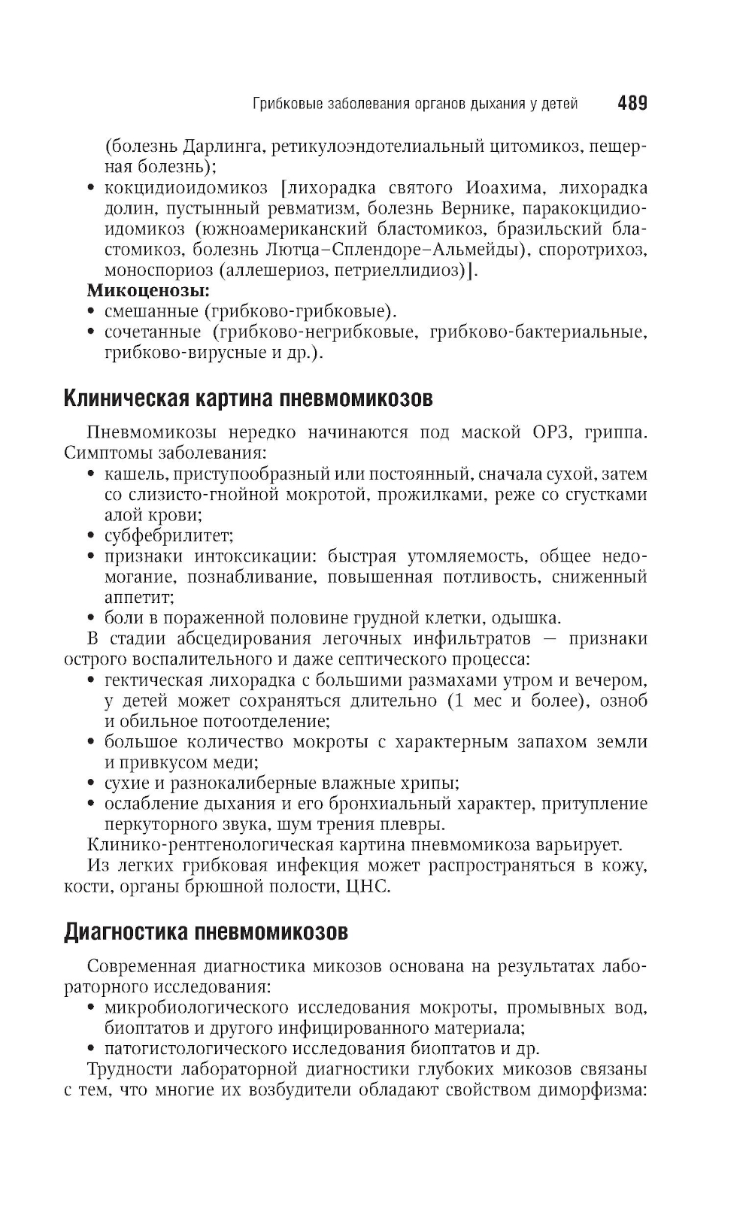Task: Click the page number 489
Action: [632, 103]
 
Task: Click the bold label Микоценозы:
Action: [148, 289]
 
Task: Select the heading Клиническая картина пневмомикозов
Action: [248, 398]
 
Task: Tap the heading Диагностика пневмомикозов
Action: [206, 933]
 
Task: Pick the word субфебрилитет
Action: [168, 536]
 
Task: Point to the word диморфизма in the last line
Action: [596, 1090]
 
